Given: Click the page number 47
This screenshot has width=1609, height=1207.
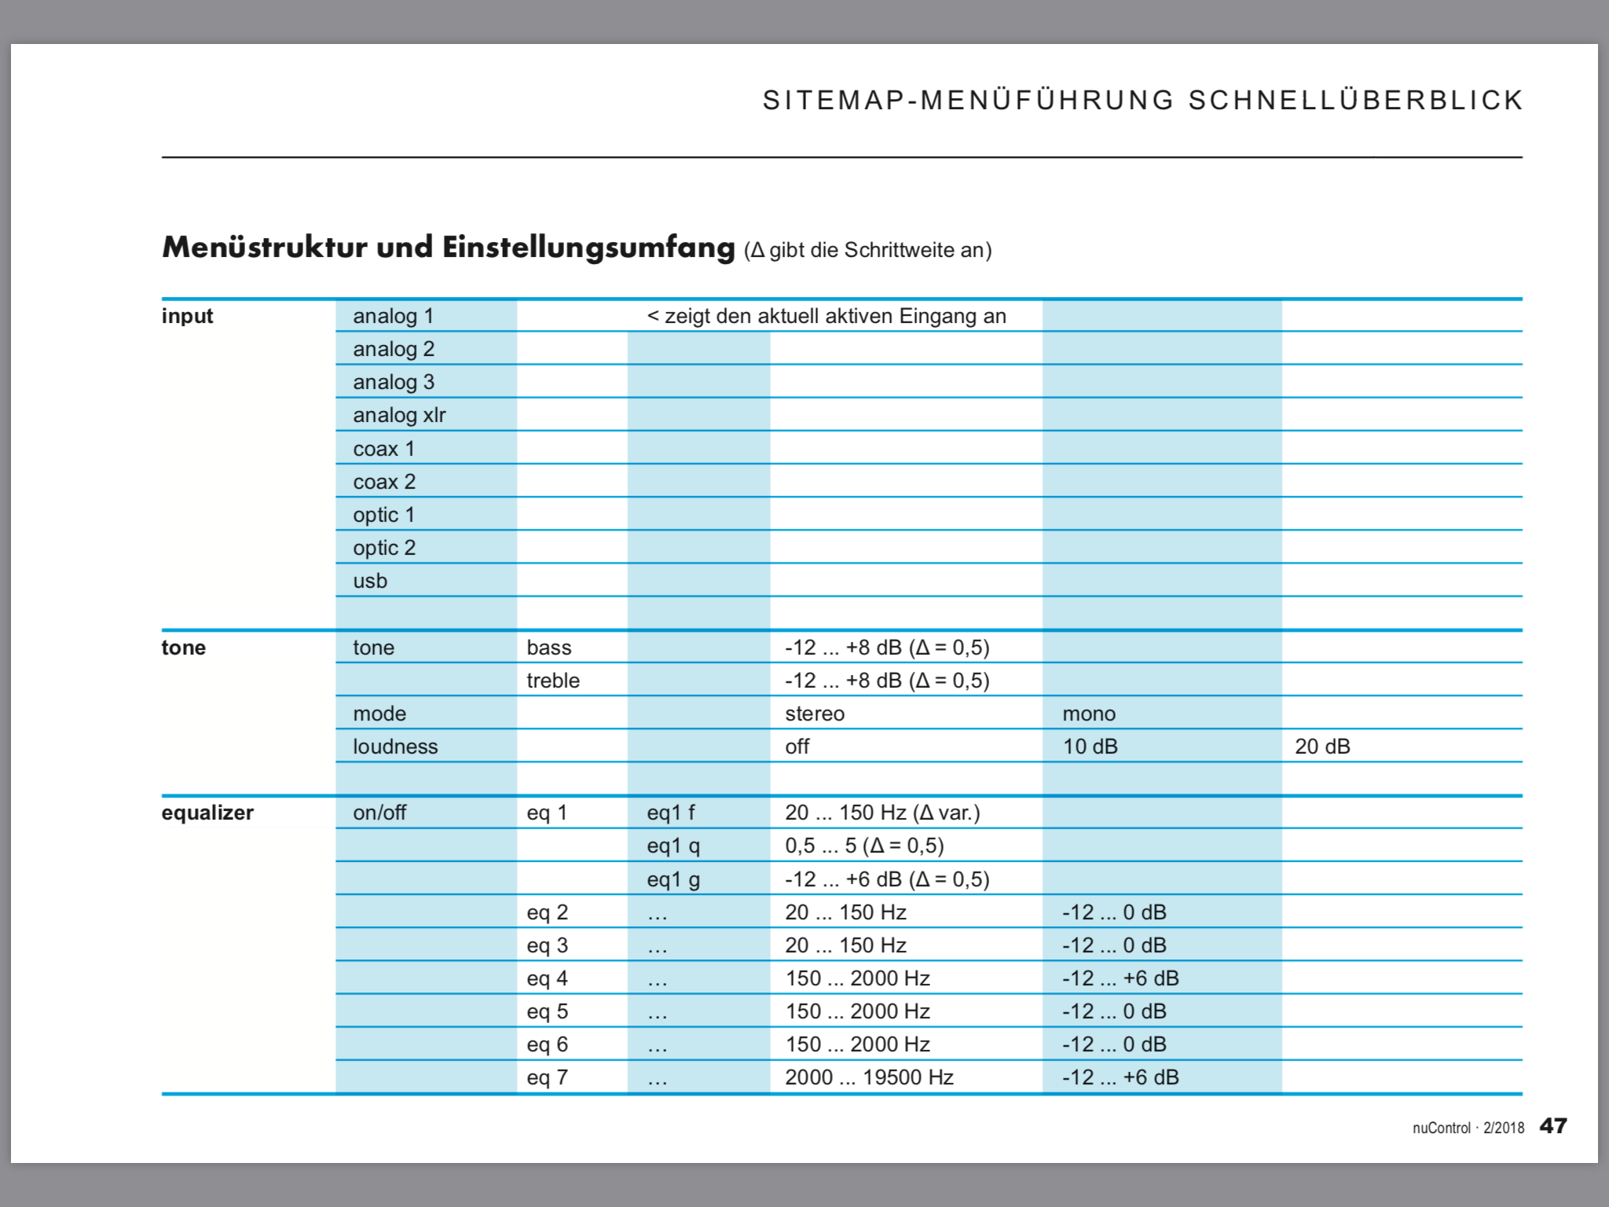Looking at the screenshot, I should (x=1552, y=1126).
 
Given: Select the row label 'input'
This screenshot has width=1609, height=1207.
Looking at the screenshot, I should (x=187, y=316).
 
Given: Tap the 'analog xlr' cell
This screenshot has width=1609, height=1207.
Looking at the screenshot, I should (x=399, y=415).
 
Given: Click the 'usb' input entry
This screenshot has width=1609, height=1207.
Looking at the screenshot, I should (x=370, y=581).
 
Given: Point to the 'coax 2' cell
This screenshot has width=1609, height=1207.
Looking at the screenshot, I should (x=384, y=482).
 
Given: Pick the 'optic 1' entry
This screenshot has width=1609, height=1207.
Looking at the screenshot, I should (x=383, y=515).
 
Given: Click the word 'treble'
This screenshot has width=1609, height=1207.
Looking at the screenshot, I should (x=553, y=681).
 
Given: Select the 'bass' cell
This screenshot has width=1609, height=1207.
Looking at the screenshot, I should (x=549, y=648).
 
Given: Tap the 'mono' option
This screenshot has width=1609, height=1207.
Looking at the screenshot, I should (x=1089, y=714).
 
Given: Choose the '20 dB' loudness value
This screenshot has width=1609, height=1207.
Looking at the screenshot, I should (x=1322, y=747).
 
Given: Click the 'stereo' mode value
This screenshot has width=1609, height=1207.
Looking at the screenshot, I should (x=815, y=714).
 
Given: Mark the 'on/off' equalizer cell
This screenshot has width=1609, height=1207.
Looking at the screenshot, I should (x=379, y=813).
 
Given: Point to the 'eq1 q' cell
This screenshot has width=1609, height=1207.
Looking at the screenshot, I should (x=673, y=846).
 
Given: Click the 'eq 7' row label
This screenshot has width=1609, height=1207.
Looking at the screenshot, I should (x=547, y=1077).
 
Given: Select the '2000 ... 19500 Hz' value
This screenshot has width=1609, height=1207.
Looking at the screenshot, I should (x=869, y=1077).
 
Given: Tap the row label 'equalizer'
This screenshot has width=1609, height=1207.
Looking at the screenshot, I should (x=207, y=813).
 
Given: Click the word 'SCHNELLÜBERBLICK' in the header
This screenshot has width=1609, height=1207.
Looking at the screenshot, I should (x=1355, y=101).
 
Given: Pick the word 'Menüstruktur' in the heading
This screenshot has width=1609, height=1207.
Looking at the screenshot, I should (x=265, y=247).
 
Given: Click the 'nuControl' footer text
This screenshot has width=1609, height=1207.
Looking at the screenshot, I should (x=1441, y=1128).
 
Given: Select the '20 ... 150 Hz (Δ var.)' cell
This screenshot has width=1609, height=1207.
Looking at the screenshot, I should (x=882, y=813).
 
